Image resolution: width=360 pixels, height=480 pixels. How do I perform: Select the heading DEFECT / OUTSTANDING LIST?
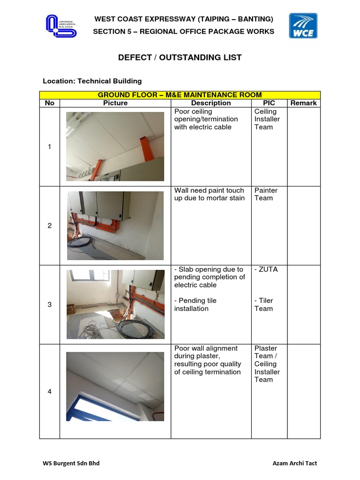[180, 58]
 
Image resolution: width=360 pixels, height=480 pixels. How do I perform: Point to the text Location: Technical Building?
[92, 81]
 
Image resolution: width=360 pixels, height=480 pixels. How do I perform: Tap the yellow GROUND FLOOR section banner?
[180, 95]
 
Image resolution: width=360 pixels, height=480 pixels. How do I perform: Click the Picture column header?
[115, 103]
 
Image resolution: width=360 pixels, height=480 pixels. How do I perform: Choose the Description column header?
[211, 103]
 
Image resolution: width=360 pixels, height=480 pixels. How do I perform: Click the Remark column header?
[303, 103]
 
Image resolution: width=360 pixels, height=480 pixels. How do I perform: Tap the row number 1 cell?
[50, 147]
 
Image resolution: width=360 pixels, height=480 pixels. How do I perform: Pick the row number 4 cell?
[50, 391]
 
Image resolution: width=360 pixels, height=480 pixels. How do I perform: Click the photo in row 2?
[115, 225]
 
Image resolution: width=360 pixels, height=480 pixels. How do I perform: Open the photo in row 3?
[115, 304]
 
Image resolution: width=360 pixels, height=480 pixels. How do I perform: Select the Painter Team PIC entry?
[266, 194]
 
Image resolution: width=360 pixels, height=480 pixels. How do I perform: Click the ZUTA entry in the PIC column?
[266, 270]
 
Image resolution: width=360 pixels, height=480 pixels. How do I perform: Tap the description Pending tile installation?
[195, 304]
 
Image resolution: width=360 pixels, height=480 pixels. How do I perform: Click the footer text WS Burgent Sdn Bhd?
[71, 463]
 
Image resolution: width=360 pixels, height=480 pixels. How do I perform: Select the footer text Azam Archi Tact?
[294, 463]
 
